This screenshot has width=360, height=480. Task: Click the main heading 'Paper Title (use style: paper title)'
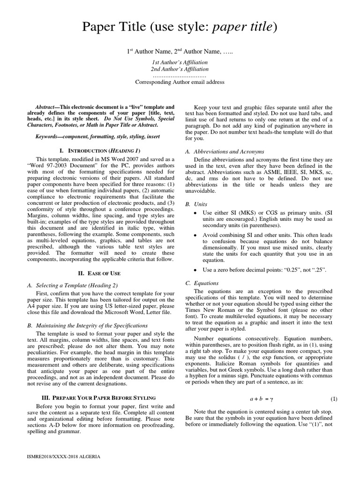(x=180, y=28)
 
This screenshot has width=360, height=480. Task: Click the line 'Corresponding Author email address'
(x=180, y=82)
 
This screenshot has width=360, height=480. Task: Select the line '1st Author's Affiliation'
(x=180, y=62)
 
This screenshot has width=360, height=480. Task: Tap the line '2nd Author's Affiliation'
(x=180, y=69)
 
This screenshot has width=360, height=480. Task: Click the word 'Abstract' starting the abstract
(x=47, y=107)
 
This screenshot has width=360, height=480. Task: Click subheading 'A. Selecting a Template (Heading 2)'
(x=73, y=285)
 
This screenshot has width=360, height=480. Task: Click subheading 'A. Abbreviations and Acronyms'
(x=225, y=151)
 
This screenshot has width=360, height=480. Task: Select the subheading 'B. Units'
(x=196, y=204)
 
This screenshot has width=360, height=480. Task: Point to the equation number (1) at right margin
(x=334, y=399)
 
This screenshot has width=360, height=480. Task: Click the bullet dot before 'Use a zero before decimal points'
(x=195, y=271)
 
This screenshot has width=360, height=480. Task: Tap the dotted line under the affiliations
(x=180, y=75)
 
